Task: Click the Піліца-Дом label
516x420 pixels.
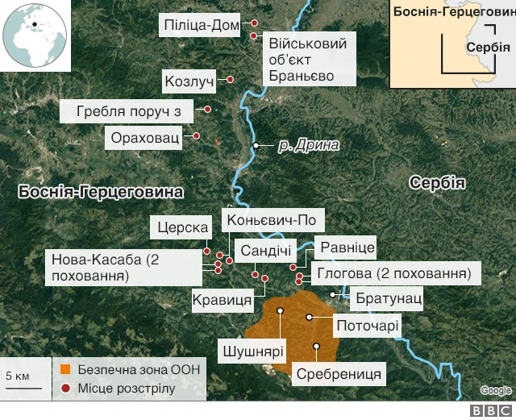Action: (201, 26)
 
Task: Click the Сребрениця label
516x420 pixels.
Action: (339, 374)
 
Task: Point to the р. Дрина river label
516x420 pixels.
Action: (307, 146)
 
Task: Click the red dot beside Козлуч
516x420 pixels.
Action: (230, 80)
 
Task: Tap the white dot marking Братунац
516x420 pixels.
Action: (333, 295)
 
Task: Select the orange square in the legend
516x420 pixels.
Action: (64, 370)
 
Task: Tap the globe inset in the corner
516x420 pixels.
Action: (35, 35)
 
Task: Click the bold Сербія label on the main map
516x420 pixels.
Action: (436, 182)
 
